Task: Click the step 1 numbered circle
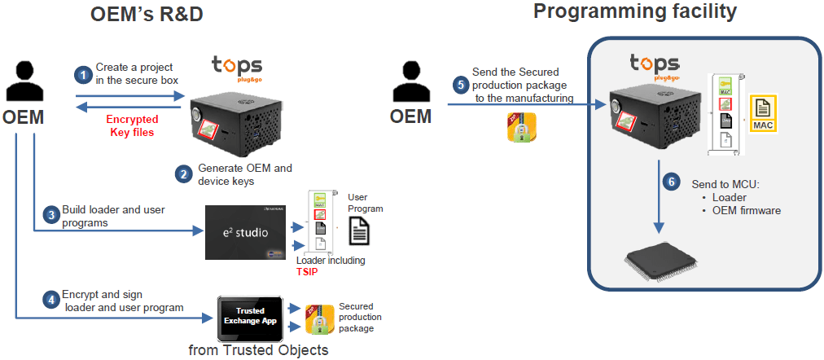81,74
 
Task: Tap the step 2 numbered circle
184,173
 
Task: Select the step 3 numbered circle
50,215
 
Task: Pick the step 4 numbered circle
50,300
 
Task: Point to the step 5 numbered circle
461,83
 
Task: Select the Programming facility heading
635,12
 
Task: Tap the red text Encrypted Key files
131,125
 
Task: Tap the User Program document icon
360,231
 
